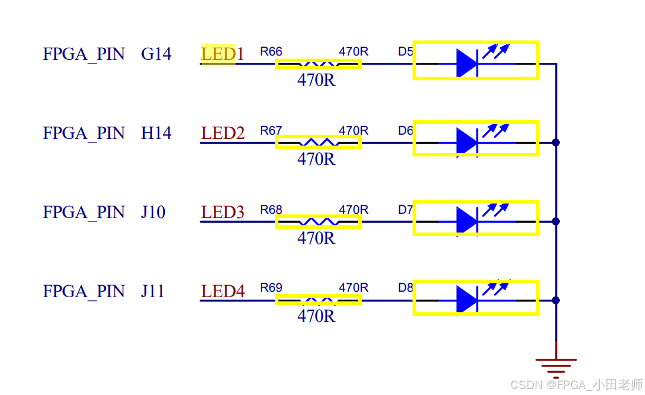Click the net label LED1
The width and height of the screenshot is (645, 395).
tap(222, 54)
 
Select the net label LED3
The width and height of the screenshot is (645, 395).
tap(222, 213)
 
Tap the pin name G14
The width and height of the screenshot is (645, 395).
tap(156, 54)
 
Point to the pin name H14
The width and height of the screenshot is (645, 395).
tap(156, 133)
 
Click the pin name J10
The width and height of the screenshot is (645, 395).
tap(153, 213)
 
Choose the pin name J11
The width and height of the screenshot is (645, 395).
tap(153, 292)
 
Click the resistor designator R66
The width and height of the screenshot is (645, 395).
tap(271, 52)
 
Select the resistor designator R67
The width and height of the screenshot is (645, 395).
tap(271, 131)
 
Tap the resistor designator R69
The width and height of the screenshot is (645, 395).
tap(271, 288)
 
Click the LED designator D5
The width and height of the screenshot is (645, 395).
tap(405, 52)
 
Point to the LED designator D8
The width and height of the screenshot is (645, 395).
tap(405, 288)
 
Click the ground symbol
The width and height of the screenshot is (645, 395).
tap(556, 366)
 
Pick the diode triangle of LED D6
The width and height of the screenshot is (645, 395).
tap(467, 141)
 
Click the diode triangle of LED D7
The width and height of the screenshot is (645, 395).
tap(467, 220)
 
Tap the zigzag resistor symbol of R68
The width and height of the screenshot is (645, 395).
tap(318, 222)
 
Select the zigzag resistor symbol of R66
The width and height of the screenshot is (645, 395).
tap(318, 63)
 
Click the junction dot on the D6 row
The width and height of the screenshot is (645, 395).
tap(556, 143)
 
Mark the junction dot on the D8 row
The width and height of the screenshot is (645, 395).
tap(556, 300)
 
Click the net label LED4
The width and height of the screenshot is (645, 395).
tap(222, 292)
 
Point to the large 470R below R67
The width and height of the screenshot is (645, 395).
tap(316, 159)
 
